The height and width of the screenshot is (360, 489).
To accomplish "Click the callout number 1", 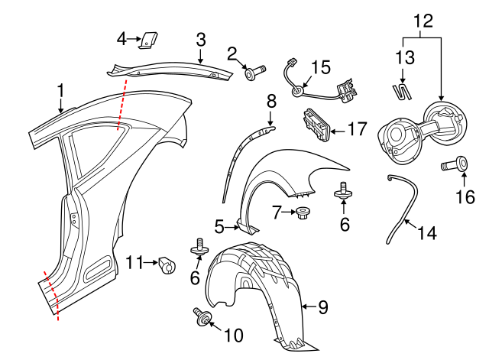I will point(60,92).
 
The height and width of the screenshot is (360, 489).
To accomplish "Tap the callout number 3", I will point(200,40).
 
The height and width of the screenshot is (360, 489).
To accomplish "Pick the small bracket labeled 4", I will point(148,39).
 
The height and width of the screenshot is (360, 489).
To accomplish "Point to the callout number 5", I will point(219,226).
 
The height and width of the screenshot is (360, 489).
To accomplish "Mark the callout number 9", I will point(323,308).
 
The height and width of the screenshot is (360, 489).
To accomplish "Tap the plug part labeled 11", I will point(166,264).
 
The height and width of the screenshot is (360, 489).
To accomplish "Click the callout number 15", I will point(320,68).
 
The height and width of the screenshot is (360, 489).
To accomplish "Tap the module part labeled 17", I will point(316,125).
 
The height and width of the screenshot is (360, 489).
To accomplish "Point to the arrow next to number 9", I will point(307,308).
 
